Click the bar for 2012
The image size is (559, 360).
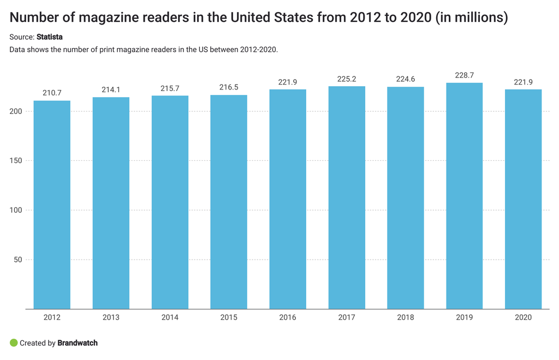[x=52, y=205]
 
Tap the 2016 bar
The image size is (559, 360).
[x=288, y=199]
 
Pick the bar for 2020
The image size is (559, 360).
[x=523, y=199]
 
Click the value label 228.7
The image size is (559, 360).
[x=464, y=75]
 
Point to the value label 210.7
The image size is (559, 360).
[x=52, y=93]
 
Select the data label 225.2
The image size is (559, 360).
[x=347, y=79]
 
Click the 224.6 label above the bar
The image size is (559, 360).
[x=406, y=79]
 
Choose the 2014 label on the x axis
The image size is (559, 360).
[x=170, y=317]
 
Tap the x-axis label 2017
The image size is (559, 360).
[x=347, y=317]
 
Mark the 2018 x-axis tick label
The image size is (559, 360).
[x=406, y=317]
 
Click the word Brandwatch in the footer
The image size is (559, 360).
[x=78, y=343]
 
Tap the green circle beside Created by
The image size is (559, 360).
[x=14, y=343]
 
